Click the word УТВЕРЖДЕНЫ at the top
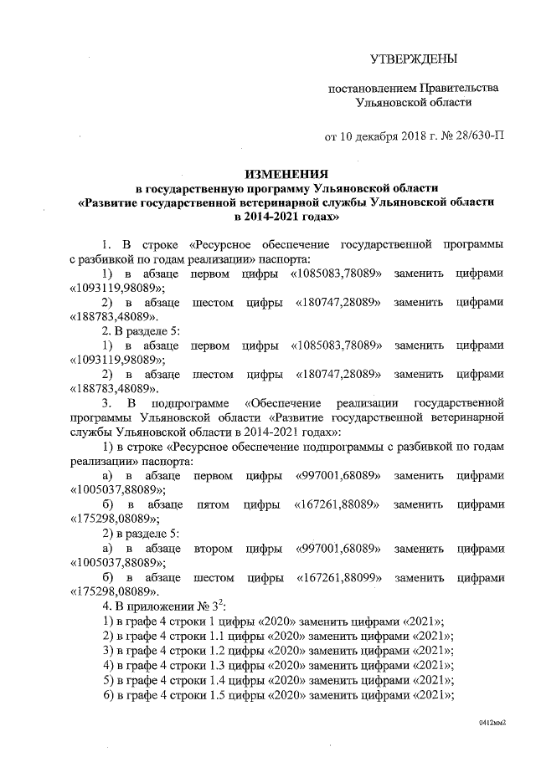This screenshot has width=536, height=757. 415,59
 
